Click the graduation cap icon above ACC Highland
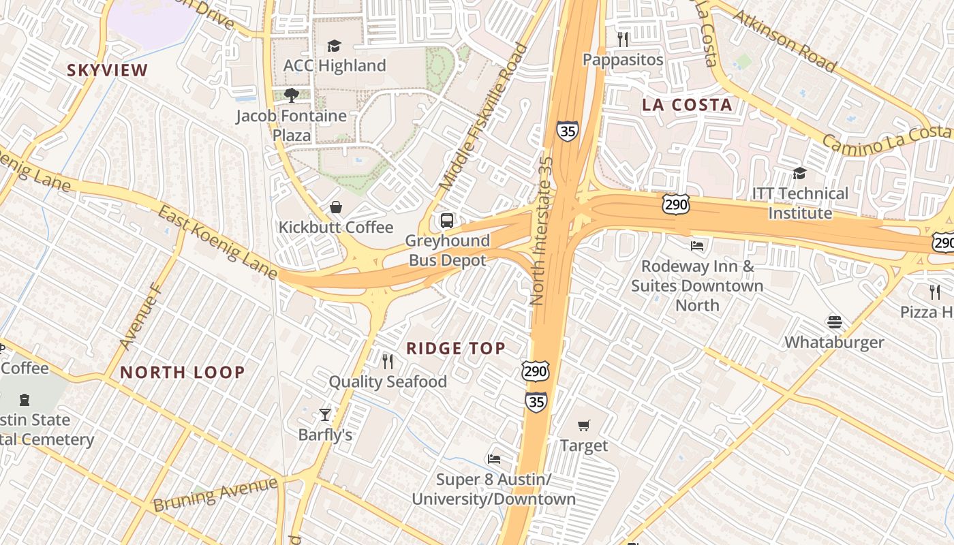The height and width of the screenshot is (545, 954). tap(333, 46)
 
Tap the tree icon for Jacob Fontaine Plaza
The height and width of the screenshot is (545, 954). tap(292, 95)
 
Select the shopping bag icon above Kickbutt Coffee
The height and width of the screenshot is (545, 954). tap(335, 206)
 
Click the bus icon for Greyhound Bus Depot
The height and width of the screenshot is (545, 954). tap(447, 220)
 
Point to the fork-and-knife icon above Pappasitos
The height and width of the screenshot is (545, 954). tap(622, 39)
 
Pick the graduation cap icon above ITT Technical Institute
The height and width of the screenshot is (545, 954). tap(799, 173)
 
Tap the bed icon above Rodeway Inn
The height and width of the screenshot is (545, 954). tap(697, 245)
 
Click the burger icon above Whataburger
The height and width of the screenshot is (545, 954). tap(834, 322)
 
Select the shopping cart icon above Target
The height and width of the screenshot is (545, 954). tap(583, 425)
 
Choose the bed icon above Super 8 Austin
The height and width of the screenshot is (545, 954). tap(494, 458)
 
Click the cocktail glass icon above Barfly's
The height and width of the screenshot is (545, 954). tap(325, 414)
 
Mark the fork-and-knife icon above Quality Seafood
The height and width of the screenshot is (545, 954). tap(387, 361)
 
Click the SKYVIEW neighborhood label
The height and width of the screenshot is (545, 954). tap(107, 70)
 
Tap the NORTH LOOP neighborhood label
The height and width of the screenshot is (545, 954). tap(182, 372)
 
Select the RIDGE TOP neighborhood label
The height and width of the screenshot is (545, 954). tap(456, 349)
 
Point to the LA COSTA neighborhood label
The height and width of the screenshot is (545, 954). tap(687, 105)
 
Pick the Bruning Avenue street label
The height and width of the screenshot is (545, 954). tap(215, 495)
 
